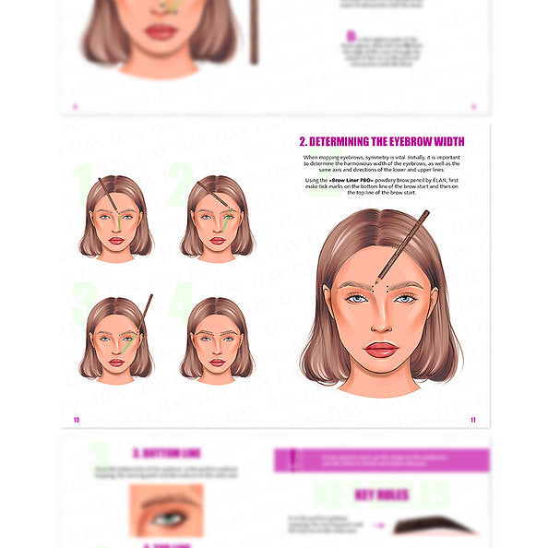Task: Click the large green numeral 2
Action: (180, 181)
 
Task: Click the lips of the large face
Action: (380, 350)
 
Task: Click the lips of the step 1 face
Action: (116, 241)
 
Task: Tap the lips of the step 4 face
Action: (216, 363)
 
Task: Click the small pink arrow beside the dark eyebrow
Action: (378, 526)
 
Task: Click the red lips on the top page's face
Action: (161, 32)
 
